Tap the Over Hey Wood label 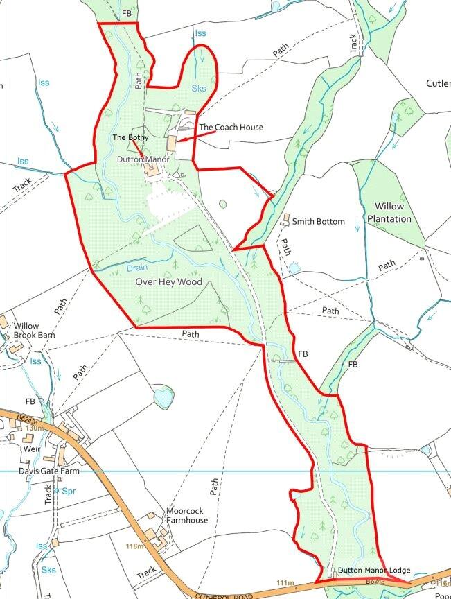click(x=168, y=282)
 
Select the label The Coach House click(x=231, y=128)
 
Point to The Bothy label click(x=131, y=138)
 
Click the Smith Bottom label click(x=318, y=222)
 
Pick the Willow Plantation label click(x=393, y=213)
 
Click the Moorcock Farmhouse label click(x=186, y=516)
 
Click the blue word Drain click(x=138, y=267)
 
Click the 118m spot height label click(x=135, y=547)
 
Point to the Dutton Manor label click(x=143, y=159)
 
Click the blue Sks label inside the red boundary click(x=200, y=88)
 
